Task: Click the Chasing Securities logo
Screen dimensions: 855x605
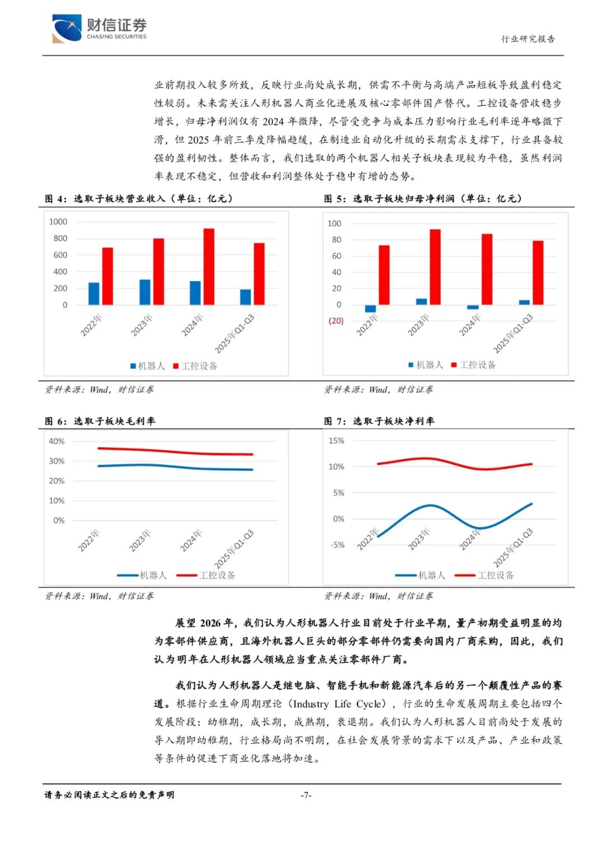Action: pyautogui.click(x=99, y=29)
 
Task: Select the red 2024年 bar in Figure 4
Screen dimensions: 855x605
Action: pyautogui.click(x=208, y=267)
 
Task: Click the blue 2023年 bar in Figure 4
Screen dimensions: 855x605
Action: pyautogui.click(x=145, y=292)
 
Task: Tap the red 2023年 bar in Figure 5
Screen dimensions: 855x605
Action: pyautogui.click(x=435, y=267)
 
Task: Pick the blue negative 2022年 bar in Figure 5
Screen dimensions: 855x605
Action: pyautogui.click(x=370, y=309)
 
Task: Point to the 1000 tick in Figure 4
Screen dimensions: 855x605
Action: pyautogui.click(x=58, y=222)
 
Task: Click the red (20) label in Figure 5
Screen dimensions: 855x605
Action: pyautogui.click(x=336, y=321)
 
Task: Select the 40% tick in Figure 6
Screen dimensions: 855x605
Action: pyautogui.click(x=57, y=441)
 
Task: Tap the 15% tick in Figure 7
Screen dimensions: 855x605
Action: pyautogui.click(x=336, y=441)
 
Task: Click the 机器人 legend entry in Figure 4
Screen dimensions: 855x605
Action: pyautogui.click(x=148, y=366)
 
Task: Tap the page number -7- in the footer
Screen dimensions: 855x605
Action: pyautogui.click(x=306, y=795)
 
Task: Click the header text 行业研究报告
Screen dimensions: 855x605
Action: pyautogui.click(x=528, y=39)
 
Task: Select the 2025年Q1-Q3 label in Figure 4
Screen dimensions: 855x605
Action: pyautogui.click(x=235, y=334)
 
